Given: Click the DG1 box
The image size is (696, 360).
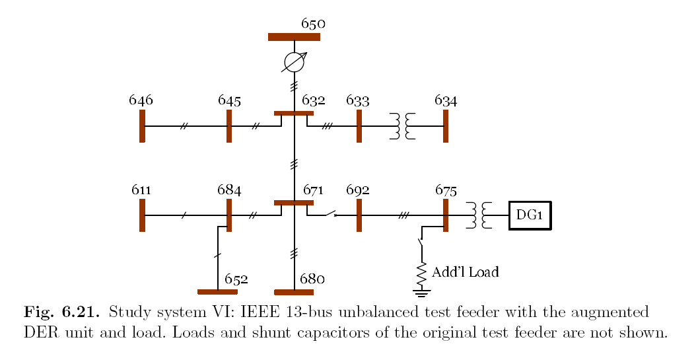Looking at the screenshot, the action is point(530,215).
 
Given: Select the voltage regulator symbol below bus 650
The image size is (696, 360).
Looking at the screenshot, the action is point(295,62).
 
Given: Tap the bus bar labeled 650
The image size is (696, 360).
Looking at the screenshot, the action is point(294,37).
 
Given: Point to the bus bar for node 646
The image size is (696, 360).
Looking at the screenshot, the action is point(142,126).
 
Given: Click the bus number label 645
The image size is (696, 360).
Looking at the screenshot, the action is point(229,100).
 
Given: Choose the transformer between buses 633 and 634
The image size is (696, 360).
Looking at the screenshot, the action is point(402,126).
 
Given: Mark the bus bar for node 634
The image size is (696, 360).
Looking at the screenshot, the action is point(446,126).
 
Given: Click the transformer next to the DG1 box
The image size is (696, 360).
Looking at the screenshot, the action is point(479,215).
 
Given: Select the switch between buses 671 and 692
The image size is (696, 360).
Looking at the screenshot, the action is point(329,214).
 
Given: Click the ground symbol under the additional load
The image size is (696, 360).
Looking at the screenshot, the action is point(421,293).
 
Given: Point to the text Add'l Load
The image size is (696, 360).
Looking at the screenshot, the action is point(465,271).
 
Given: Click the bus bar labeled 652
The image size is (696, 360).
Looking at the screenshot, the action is point(217,292).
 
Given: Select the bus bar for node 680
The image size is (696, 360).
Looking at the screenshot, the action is point(294,292).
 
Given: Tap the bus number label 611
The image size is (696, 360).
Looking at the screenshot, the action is point(141,190).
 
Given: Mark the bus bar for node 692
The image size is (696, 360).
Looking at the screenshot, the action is point(359,215).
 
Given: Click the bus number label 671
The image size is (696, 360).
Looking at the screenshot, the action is point(314,190).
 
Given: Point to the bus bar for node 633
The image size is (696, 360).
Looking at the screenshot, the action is point(359,126).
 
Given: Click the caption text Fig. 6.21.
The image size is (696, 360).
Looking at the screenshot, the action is point(61,312).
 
